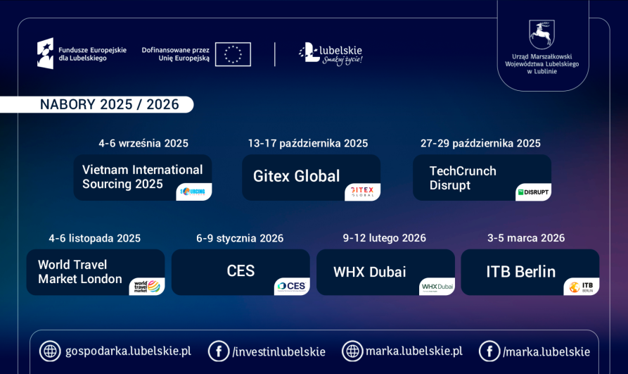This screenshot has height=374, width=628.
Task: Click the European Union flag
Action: (x=233, y=54)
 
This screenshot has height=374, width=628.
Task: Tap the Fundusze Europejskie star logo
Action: (x=45, y=54)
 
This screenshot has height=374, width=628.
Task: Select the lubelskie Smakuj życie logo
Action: (x=331, y=54)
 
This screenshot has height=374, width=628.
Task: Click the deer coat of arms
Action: (x=542, y=34)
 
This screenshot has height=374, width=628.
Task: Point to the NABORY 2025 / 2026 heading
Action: (x=109, y=104)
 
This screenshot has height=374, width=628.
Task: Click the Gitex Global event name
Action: (x=296, y=176)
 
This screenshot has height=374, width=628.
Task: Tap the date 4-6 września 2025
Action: (x=143, y=143)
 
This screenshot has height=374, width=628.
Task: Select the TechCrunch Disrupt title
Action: (x=463, y=178)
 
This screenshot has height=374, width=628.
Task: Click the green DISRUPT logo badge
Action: (x=533, y=192)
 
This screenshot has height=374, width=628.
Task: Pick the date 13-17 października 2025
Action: (x=307, y=143)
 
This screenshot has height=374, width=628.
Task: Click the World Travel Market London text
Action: (x=79, y=272)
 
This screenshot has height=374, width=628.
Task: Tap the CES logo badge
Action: (x=292, y=286)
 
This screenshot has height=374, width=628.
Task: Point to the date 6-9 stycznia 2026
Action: (x=240, y=238)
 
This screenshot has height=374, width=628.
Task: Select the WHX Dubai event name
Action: (x=369, y=272)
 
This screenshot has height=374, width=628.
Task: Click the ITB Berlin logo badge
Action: (x=581, y=287)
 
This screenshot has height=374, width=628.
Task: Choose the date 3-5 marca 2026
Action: (x=526, y=238)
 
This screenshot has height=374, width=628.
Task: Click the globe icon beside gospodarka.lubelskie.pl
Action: (x=50, y=351)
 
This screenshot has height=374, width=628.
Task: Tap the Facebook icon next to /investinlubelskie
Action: (x=219, y=351)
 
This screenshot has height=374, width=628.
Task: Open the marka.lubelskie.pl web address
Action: (x=414, y=351)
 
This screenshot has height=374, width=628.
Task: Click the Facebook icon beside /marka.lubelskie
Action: (x=489, y=351)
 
